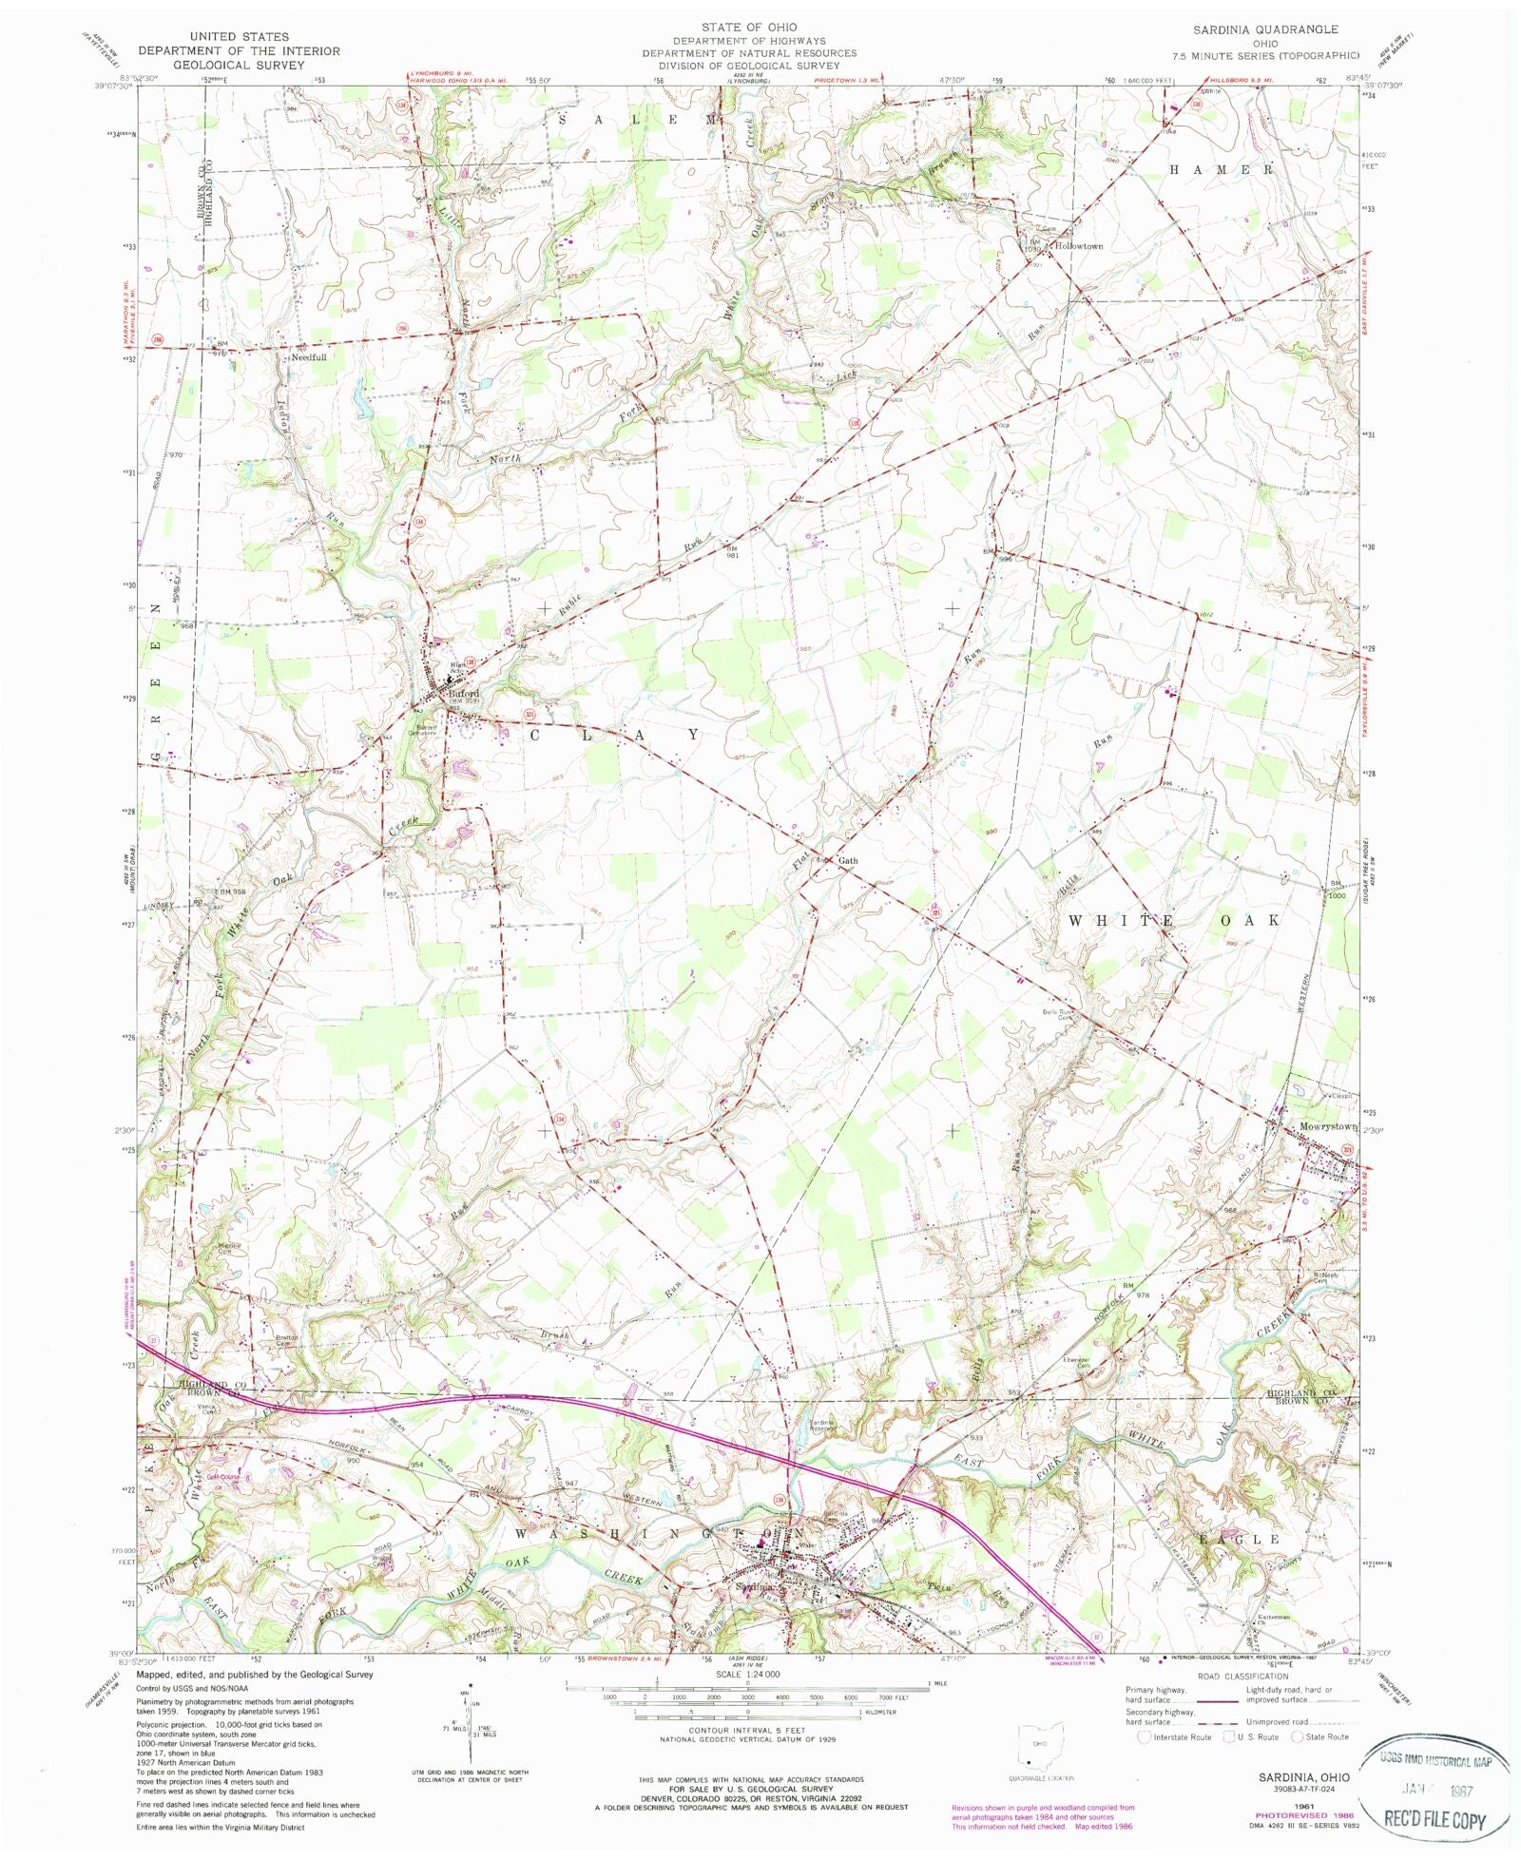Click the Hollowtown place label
(1078, 246)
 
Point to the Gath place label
(847, 860)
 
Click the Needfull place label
(309, 358)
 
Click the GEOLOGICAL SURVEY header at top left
(238, 66)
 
